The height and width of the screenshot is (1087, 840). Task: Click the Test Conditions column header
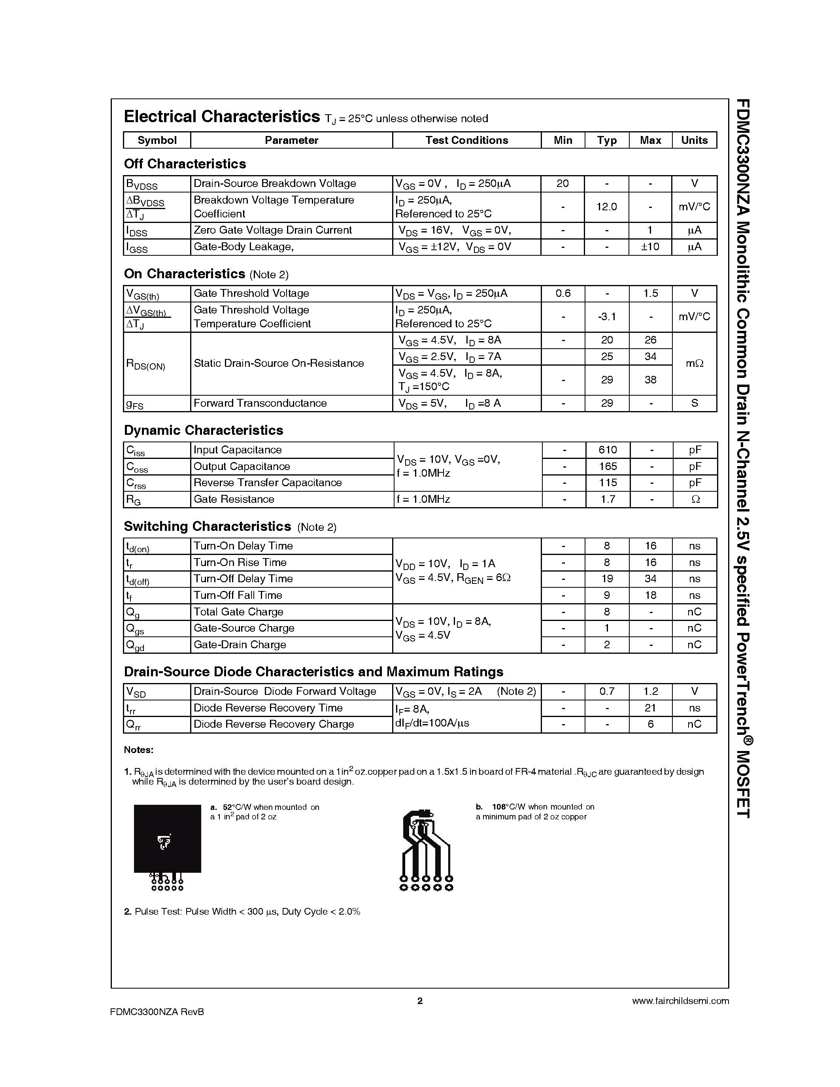click(x=466, y=140)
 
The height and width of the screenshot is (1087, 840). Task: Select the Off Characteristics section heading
click(x=185, y=164)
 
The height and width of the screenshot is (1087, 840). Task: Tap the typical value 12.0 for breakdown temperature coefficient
click(x=607, y=207)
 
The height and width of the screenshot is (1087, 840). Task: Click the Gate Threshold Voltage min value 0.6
click(x=563, y=294)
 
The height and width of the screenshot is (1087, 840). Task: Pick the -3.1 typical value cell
click(x=607, y=317)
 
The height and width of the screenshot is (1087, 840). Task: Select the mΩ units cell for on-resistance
click(x=694, y=363)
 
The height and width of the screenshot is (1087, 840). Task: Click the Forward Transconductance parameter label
click(x=260, y=403)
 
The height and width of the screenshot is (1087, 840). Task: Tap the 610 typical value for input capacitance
click(x=608, y=450)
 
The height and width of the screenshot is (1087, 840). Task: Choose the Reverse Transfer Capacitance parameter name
click(x=267, y=483)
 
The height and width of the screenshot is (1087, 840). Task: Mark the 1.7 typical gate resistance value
click(x=608, y=499)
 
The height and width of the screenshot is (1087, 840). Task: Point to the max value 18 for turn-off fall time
click(x=650, y=595)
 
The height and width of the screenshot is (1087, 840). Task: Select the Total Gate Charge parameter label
click(x=238, y=612)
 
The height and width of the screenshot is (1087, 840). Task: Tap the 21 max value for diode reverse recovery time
click(x=650, y=708)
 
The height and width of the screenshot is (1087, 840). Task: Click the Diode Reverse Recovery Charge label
click(x=274, y=724)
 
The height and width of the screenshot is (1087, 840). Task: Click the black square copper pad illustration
click(x=167, y=839)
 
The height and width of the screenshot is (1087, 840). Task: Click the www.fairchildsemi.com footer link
click(x=680, y=1001)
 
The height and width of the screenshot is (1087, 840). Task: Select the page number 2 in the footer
click(x=420, y=1001)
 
